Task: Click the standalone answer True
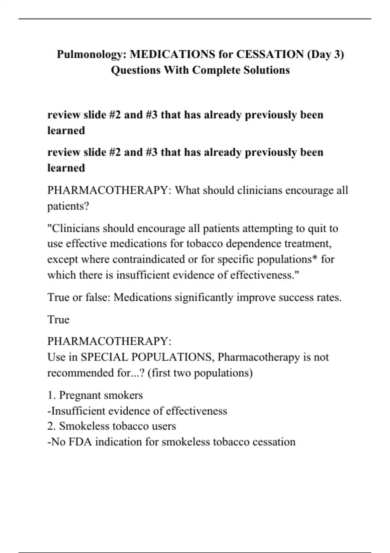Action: point(58,319)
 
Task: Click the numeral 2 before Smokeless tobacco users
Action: point(50,426)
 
